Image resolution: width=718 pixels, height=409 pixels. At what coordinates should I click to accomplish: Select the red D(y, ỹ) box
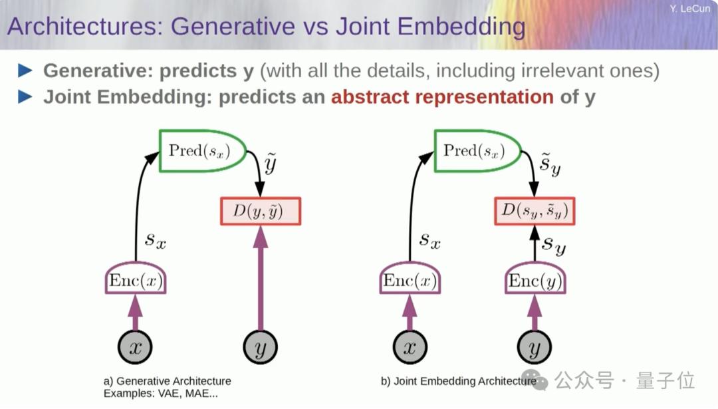pos(261,211)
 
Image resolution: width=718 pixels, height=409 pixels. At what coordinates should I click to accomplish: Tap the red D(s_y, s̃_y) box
pos(535,211)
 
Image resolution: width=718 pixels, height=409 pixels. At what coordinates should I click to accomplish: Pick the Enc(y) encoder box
pos(535,281)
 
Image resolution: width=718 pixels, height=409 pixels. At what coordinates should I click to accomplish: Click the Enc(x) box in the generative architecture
pos(136,281)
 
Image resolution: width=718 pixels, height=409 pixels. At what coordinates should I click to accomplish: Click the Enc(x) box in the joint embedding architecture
pos(410,281)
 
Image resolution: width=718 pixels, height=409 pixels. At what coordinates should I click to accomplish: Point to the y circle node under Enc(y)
pos(535,348)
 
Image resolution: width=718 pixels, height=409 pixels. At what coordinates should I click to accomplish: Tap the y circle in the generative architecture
pos(261,348)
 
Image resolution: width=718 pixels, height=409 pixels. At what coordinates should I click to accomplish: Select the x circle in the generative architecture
pos(136,348)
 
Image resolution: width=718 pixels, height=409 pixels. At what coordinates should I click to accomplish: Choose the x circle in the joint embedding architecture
pos(410,348)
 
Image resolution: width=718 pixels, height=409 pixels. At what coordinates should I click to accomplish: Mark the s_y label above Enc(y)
pos(553,245)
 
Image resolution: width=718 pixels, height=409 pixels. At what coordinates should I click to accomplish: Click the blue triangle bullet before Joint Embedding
pos(25,97)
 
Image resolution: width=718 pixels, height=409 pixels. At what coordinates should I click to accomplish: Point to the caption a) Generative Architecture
pos(167,381)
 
